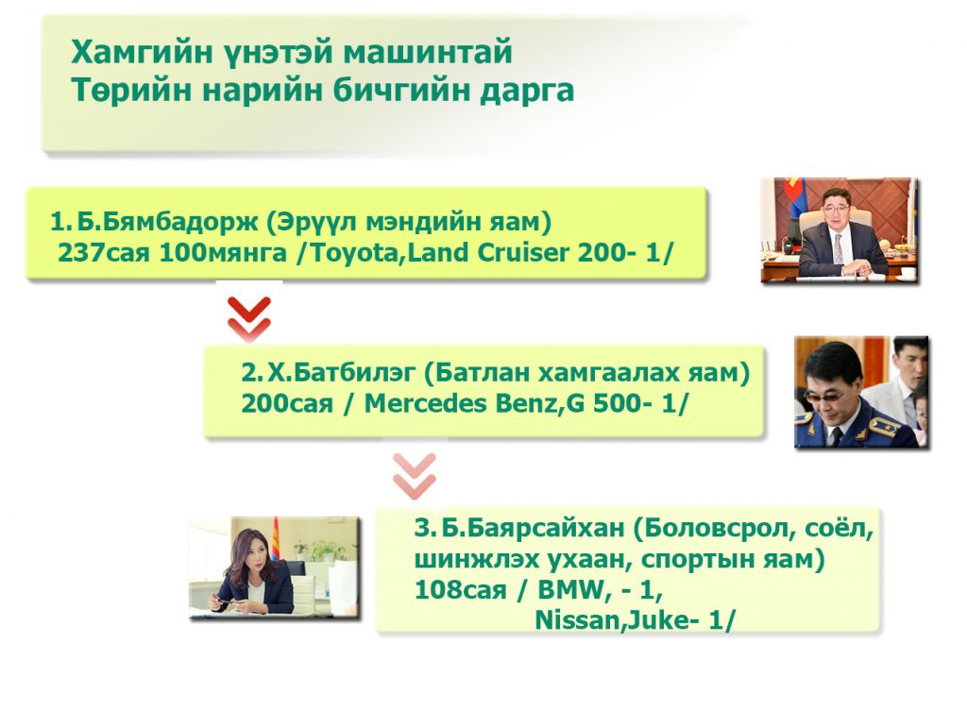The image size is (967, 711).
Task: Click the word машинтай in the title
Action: [428, 51]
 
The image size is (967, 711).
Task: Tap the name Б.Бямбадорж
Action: [167, 222]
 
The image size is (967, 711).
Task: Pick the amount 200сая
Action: [287, 403]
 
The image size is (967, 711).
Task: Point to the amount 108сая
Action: [460, 590]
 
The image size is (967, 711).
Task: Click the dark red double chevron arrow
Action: [249, 318]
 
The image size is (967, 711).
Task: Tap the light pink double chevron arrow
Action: [415, 476]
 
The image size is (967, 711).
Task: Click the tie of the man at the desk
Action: [839, 248]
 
